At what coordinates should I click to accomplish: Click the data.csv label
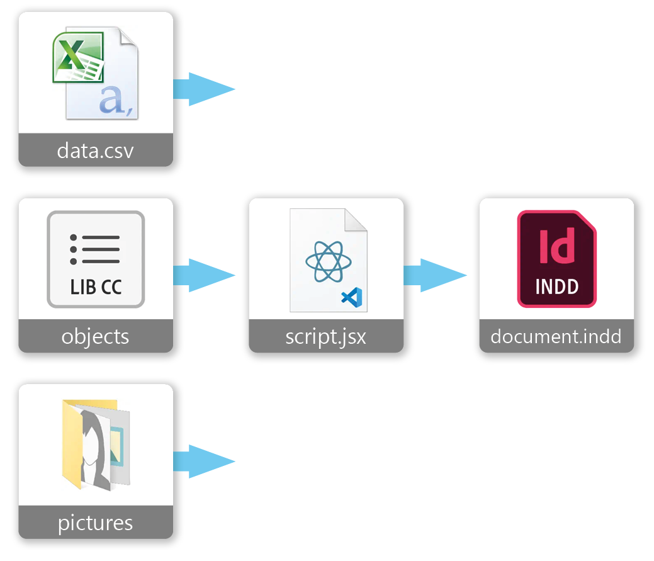(95, 150)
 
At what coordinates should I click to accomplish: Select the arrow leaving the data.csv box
(203, 89)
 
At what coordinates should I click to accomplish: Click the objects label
(95, 336)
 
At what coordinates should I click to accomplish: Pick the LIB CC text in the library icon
(96, 288)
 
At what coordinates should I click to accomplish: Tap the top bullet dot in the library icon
(74, 238)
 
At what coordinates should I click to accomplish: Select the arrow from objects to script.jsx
(203, 275)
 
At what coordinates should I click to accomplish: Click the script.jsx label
(325, 336)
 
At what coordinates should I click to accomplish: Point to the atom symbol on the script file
(324, 261)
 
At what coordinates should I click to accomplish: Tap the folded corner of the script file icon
(356, 220)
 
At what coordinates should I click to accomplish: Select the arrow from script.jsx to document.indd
(434, 275)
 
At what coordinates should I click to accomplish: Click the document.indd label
(556, 336)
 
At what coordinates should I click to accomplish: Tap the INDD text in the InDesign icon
(556, 287)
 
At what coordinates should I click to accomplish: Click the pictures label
(95, 523)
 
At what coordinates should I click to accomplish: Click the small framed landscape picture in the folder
(117, 445)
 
